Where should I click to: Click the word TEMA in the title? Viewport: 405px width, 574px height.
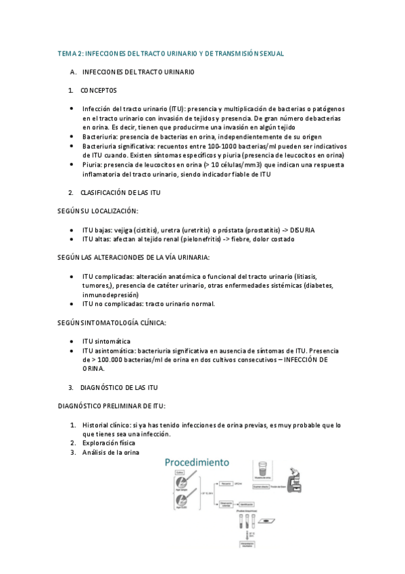68,53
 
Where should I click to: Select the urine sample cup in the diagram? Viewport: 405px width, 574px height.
261,469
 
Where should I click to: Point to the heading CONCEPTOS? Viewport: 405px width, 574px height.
98,90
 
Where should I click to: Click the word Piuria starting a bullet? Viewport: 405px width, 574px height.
93,164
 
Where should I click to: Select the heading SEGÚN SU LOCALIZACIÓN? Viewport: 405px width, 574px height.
97,211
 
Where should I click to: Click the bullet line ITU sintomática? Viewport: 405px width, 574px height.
106,341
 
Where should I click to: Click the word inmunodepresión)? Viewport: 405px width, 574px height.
112,295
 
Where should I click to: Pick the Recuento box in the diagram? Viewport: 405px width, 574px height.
227,485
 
